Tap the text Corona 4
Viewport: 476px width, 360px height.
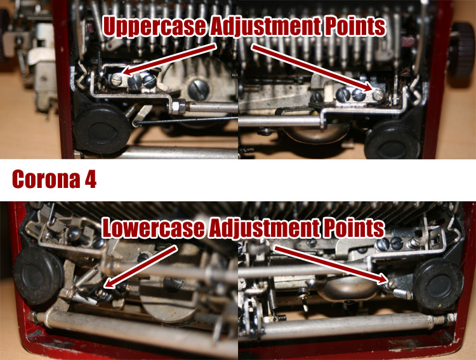click(x=54, y=180)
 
